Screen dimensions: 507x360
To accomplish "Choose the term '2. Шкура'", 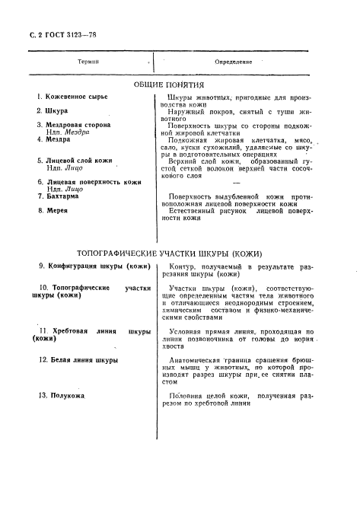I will click(53, 111).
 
